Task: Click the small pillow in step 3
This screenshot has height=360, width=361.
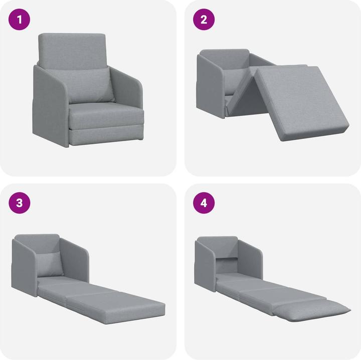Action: (x=52, y=263)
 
